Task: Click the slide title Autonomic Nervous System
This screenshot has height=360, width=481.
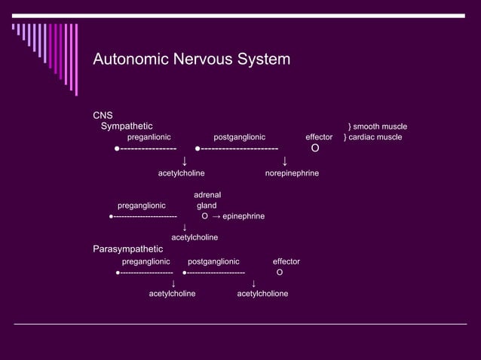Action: click(191, 59)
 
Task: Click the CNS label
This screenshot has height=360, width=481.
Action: click(103, 115)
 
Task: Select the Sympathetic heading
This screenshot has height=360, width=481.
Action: click(127, 126)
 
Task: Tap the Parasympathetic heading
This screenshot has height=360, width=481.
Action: click(127, 249)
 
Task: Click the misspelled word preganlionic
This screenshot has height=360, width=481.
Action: click(149, 137)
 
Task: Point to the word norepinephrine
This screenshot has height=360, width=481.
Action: click(292, 174)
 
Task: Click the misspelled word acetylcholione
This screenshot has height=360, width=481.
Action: click(262, 294)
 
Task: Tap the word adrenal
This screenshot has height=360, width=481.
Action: click(207, 195)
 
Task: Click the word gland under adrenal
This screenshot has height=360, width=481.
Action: click(207, 206)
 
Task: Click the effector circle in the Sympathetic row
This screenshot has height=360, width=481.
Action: click(315, 149)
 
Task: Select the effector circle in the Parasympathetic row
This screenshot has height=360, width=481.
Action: click(280, 272)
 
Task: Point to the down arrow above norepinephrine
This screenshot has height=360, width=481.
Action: click(284, 161)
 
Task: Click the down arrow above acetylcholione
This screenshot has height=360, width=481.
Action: click(253, 283)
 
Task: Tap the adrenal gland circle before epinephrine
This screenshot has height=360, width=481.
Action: click(205, 217)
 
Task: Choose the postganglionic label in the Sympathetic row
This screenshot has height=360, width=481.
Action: click(240, 137)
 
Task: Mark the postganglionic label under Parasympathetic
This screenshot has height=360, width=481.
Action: click(213, 261)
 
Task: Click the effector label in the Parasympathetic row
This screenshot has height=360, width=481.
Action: click(286, 261)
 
